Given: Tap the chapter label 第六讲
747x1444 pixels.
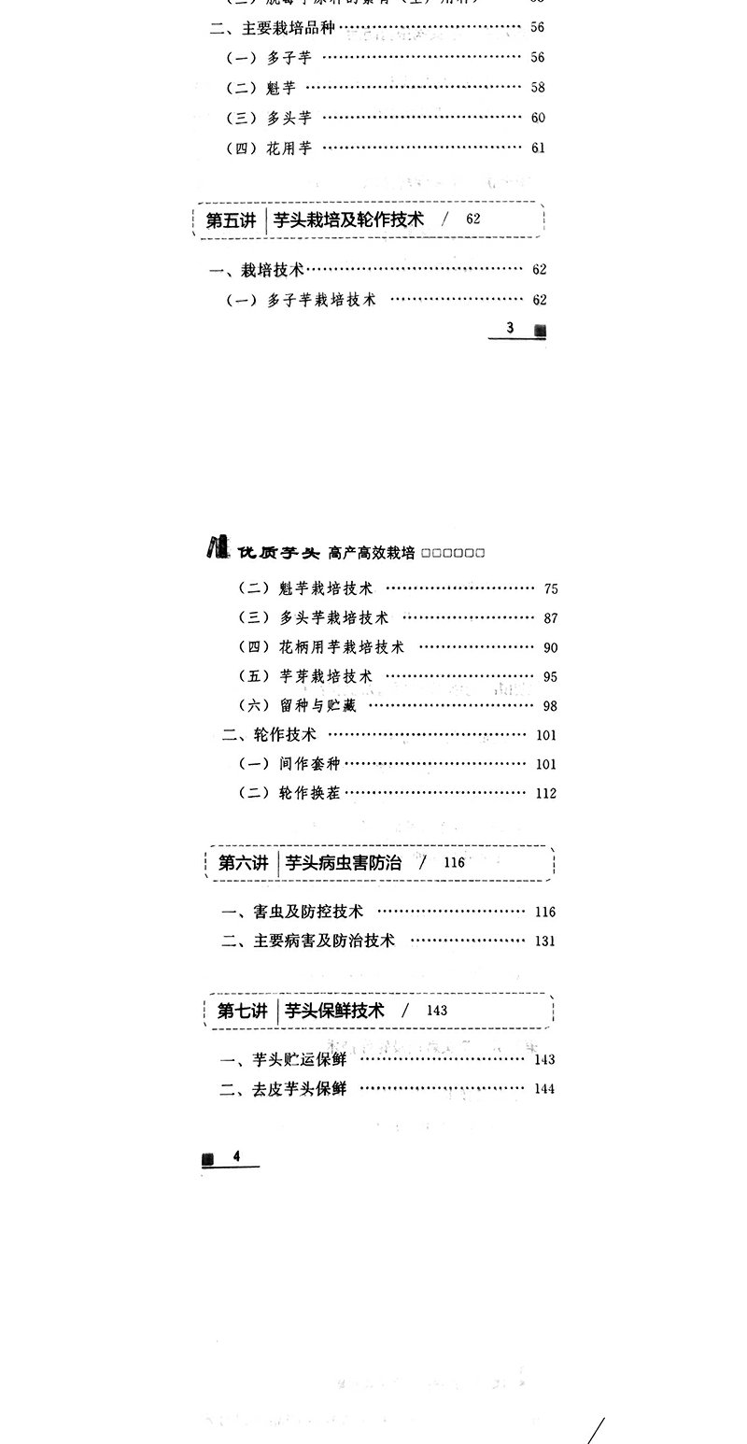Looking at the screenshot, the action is click(243, 863).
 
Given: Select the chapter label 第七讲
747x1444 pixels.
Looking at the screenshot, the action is click(243, 1011).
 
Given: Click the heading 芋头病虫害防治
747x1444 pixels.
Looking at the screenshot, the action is click(344, 863).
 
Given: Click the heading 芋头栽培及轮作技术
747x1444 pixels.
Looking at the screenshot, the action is click(349, 220).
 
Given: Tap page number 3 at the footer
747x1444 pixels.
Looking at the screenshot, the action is click(511, 329).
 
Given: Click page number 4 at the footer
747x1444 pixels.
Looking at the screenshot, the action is click(236, 1156).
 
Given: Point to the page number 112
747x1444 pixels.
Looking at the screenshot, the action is click(546, 794).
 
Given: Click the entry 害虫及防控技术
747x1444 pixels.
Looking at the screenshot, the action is click(292, 912).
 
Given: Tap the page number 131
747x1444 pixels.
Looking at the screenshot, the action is click(545, 941).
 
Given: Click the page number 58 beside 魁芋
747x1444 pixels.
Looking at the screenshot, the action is click(537, 88).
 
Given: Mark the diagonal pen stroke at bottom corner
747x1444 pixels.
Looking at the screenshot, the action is click(596, 1424).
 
